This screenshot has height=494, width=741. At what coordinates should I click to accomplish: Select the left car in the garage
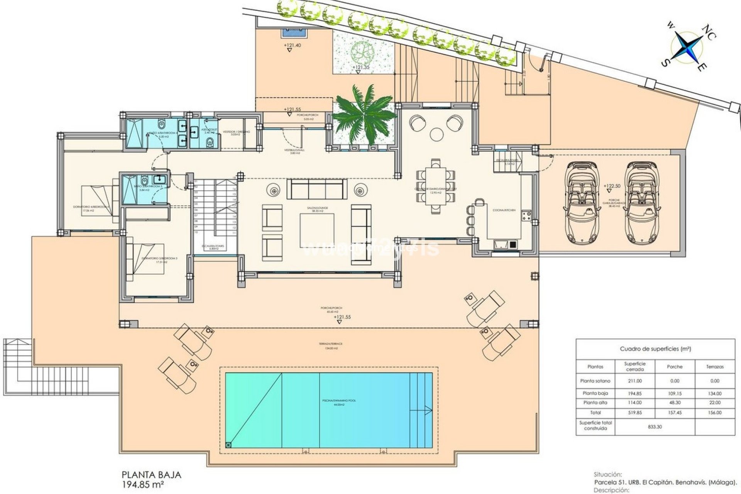pos(582,203)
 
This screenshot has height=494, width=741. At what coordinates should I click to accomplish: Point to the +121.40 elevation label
pos(292,45)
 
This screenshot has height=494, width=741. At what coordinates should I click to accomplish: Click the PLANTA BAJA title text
pos(151,475)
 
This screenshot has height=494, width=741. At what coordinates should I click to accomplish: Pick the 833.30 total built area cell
pos(655,427)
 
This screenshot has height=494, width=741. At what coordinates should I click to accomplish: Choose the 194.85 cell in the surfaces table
pos(634,394)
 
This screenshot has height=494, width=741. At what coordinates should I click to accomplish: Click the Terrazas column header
pos(715,367)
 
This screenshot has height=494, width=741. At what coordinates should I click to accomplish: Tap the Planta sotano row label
pos(595,381)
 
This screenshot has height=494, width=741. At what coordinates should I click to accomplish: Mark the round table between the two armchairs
pos(437,134)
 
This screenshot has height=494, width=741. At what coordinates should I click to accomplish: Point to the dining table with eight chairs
pos(436,186)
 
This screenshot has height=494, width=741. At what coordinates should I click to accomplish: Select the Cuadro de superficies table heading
pos(655,349)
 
